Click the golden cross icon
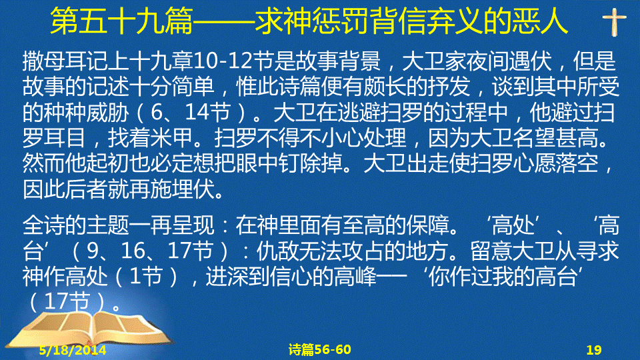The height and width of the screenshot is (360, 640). [614, 23]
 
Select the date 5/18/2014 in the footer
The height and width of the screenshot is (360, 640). [73, 350]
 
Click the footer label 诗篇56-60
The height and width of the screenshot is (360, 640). [319, 349]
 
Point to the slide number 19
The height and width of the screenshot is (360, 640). [594, 350]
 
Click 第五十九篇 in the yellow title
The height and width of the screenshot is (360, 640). [121, 21]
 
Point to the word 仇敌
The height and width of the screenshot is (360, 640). [277, 251]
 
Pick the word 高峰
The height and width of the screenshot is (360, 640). [355, 276]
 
